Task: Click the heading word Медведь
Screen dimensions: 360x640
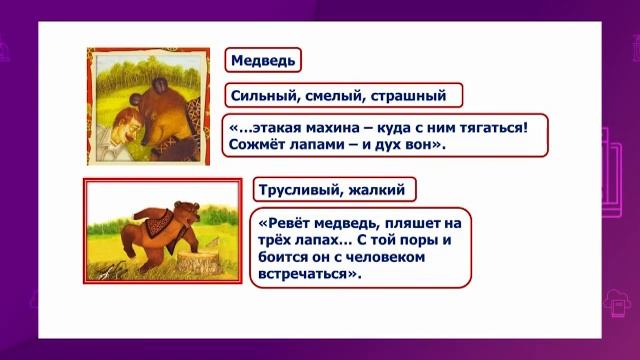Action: tap(263, 61)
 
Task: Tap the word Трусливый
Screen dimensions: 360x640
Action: tap(306, 190)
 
